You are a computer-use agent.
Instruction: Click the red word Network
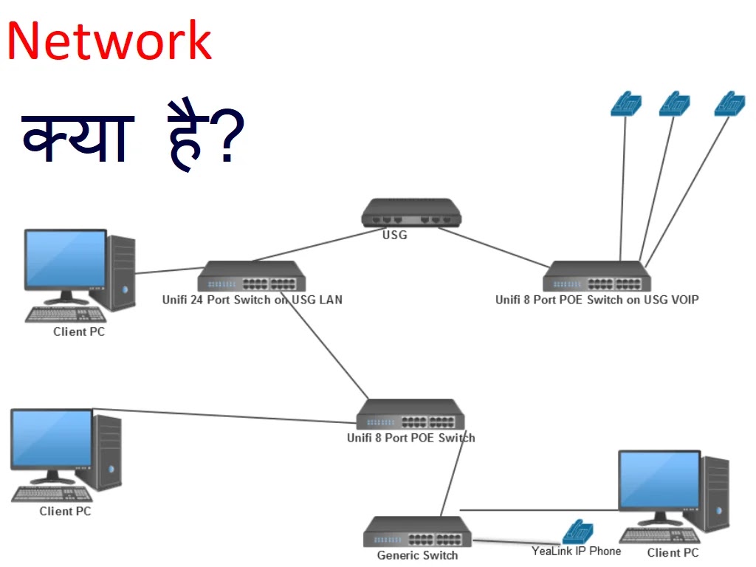pos(109,41)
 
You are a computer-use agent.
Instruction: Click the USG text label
pos(394,236)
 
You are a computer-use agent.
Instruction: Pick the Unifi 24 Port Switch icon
pos(251,277)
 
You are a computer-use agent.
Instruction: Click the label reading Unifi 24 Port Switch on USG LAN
pos(252,300)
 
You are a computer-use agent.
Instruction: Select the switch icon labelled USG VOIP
pos(597,277)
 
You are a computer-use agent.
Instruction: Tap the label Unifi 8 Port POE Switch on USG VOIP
pos(597,300)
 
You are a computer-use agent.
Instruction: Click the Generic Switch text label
pos(417,555)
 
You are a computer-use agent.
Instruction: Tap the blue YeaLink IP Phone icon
pos(577,532)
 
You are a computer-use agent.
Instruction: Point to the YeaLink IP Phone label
pos(576,551)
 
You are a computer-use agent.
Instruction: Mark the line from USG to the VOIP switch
pos(495,245)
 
